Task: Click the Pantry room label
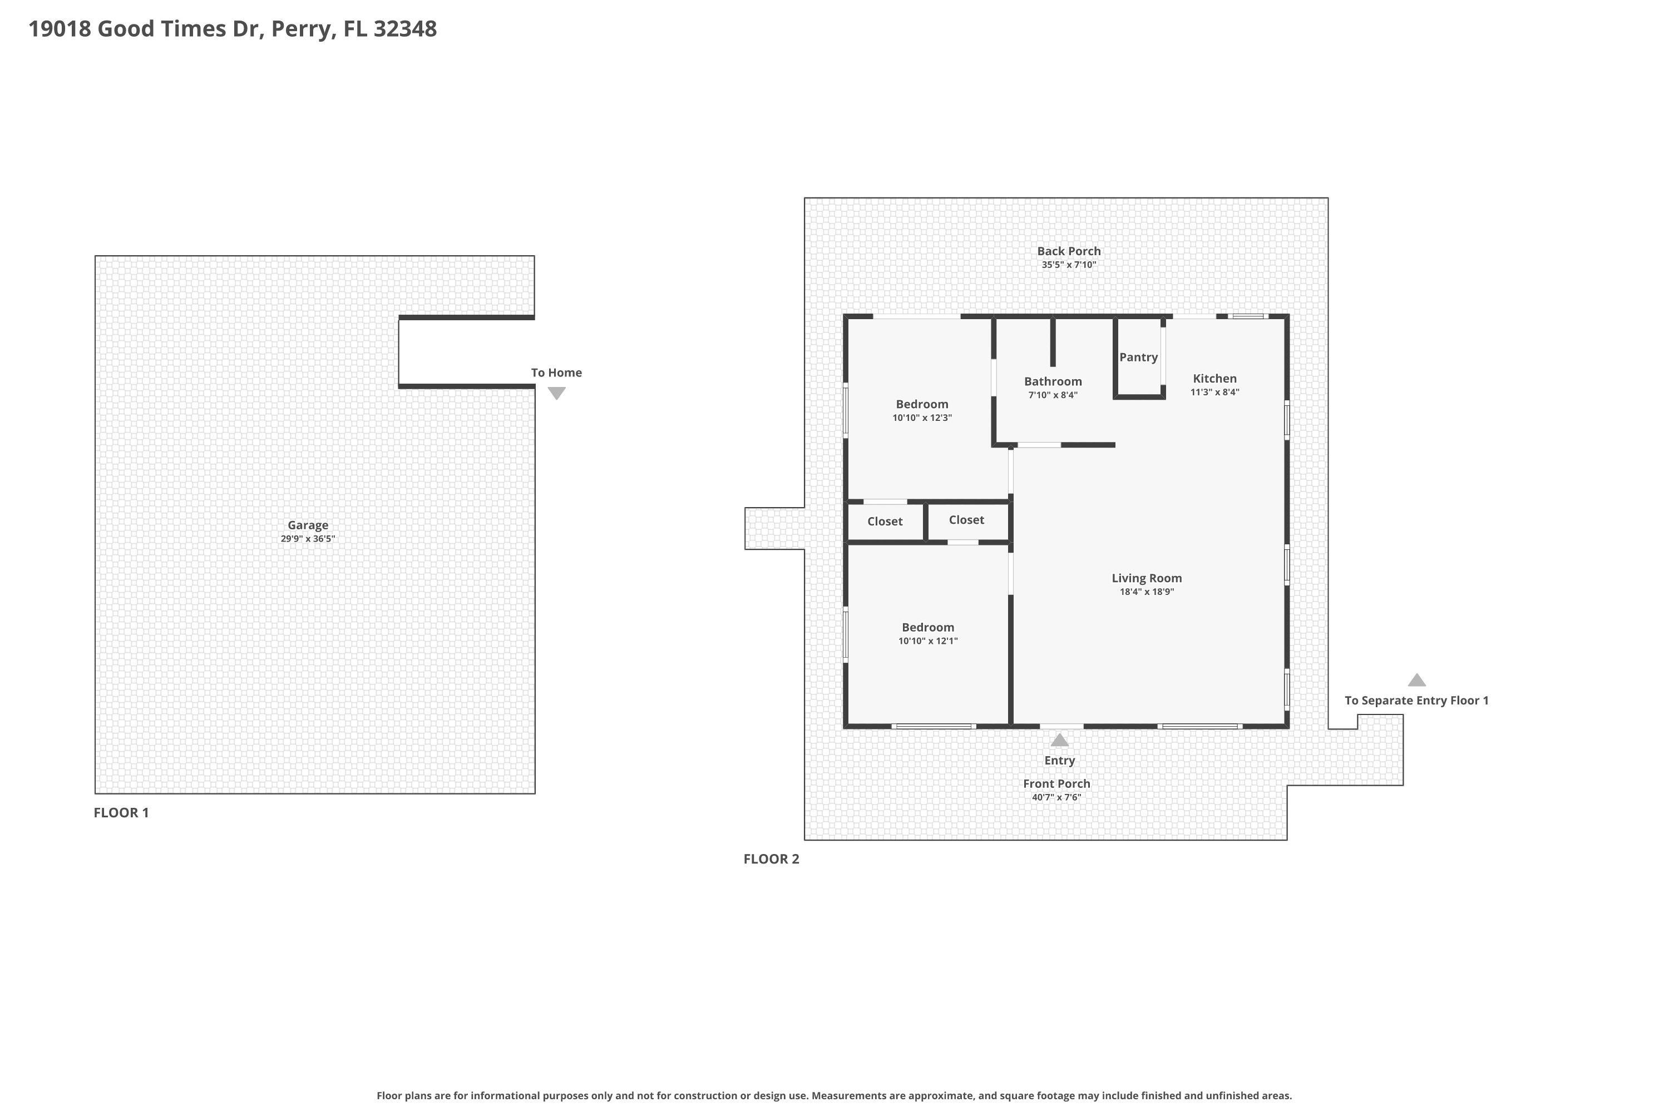pos(1138,358)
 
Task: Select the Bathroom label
pos(1053,381)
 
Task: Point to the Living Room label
pos(1146,579)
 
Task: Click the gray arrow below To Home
pos(556,393)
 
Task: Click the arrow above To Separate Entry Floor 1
pos(1416,680)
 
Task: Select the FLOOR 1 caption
pos(121,813)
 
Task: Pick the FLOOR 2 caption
pos(771,859)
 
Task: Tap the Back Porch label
pos(1069,251)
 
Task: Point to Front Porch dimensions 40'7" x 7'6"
pos(1056,797)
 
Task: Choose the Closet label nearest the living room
pos(966,520)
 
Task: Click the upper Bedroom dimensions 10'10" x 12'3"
pos(922,418)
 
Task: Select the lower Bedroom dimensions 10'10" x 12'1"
pos(927,641)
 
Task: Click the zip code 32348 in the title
pos(405,29)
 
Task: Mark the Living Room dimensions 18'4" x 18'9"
pos(1146,592)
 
